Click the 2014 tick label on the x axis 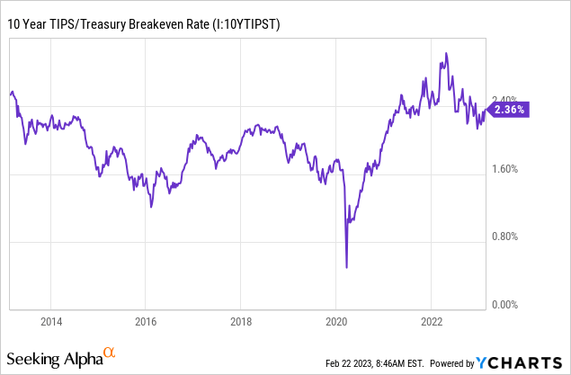coord(51,320)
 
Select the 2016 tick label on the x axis coord(146,320)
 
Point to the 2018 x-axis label coord(241,320)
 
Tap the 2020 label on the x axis coord(335,320)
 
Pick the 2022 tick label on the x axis coord(431,320)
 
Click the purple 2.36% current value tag coord(510,110)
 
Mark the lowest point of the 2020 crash coord(347,267)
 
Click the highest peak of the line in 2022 coord(443,54)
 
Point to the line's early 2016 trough coord(151,207)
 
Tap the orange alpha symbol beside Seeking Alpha coord(108,353)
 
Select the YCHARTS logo coord(520,362)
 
